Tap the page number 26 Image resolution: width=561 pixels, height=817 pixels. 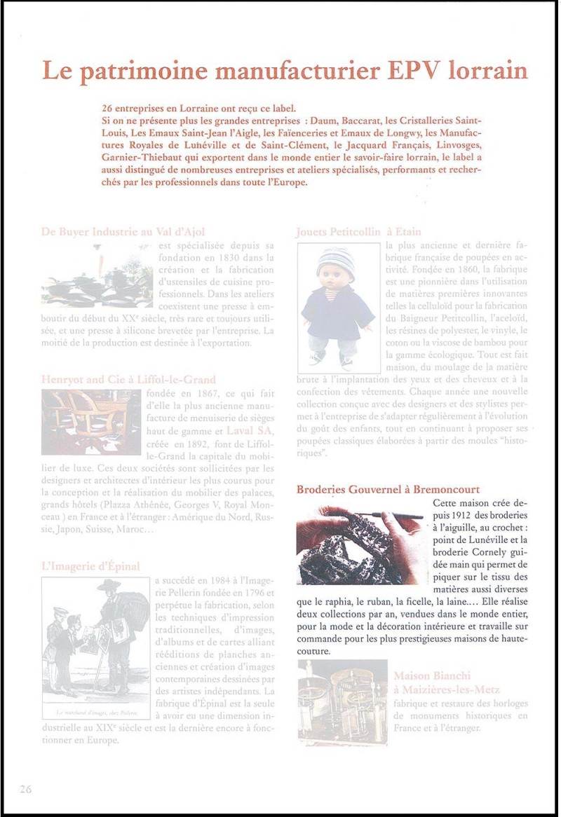click(x=26, y=788)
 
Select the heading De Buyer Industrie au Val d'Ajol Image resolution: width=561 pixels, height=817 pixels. click(x=123, y=231)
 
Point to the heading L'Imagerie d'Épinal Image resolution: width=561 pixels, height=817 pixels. click(x=90, y=566)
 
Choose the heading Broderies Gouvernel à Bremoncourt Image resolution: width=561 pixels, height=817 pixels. click(x=388, y=489)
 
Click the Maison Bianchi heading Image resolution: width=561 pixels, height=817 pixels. click(x=432, y=676)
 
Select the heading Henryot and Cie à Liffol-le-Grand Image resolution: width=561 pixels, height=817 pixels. click(x=128, y=380)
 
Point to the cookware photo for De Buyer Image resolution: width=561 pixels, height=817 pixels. click(x=97, y=277)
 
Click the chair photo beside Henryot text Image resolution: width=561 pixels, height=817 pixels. click(x=91, y=422)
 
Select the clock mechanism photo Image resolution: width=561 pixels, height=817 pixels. click(x=342, y=702)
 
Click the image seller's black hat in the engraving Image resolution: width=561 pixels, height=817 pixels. click(x=109, y=585)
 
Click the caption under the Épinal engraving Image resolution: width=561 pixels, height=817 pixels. click(x=96, y=713)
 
